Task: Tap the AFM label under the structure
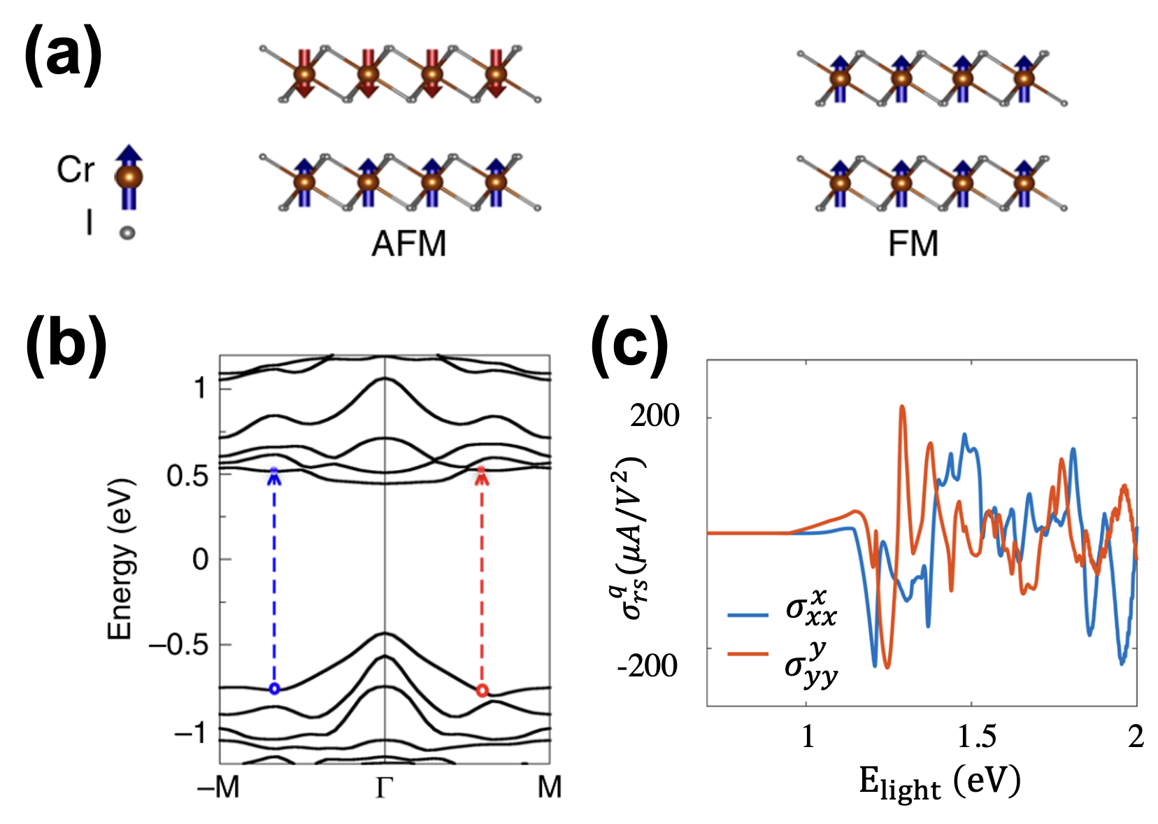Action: pyautogui.click(x=408, y=244)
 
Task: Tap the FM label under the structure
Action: pyautogui.click(x=913, y=244)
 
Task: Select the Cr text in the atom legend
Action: pyautogui.click(x=75, y=170)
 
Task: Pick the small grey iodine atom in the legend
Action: pyautogui.click(x=127, y=232)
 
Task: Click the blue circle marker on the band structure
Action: pyautogui.click(x=274, y=689)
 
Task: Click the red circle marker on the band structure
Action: pyautogui.click(x=481, y=690)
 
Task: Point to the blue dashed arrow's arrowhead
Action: pyautogui.click(x=274, y=476)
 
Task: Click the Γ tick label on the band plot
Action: pyautogui.click(x=384, y=788)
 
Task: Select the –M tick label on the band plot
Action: pyautogui.click(x=219, y=788)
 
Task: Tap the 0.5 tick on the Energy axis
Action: pyautogui.click(x=188, y=476)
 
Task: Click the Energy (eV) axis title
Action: pyautogui.click(x=120, y=560)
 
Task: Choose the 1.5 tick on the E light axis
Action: pyautogui.click(x=976, y=737)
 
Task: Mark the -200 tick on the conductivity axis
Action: pyautogui.click(x=648, y=666)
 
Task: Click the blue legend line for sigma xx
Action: pyautogui.click(x=748, y=615)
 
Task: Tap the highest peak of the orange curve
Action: pyautogui.click(x=902, y=406)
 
